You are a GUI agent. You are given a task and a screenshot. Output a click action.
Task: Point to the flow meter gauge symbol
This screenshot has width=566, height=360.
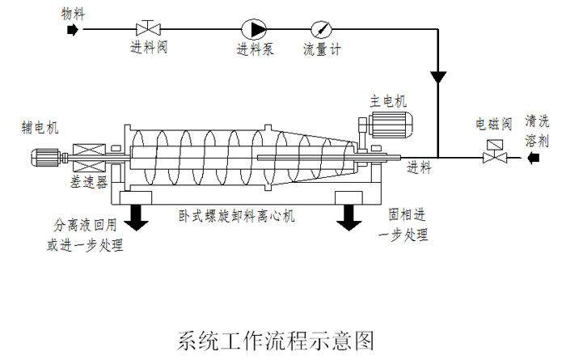pyautogui.click(x=322, y=29)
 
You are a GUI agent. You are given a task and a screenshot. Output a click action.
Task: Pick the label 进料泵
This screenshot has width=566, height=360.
pyautogui.click(x=256, y=49)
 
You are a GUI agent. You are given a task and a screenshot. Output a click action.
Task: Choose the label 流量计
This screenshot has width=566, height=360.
pyautogui.click(x=322, y=49)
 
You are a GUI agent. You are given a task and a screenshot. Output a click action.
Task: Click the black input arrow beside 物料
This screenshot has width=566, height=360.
pyautogui.click(x=72, y=30)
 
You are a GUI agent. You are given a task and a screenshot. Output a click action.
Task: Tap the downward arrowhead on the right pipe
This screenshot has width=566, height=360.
pyautogui.click(x=437, y=78)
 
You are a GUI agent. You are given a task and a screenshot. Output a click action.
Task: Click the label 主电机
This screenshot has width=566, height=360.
pyautogui.click(x=389, y=101)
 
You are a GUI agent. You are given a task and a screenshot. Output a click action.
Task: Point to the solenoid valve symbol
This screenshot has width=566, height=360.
pyautogui.click(x=490, y=152)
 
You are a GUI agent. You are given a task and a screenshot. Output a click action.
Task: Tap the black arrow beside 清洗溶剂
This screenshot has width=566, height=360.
pyautogui.click(x=532, y=158)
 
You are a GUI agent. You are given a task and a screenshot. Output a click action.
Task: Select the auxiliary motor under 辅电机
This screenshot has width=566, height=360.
pyautogui.click(x=52, y=155)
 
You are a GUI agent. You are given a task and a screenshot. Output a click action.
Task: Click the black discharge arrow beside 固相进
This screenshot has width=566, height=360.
pyautogui.click(x=350, y=214)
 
